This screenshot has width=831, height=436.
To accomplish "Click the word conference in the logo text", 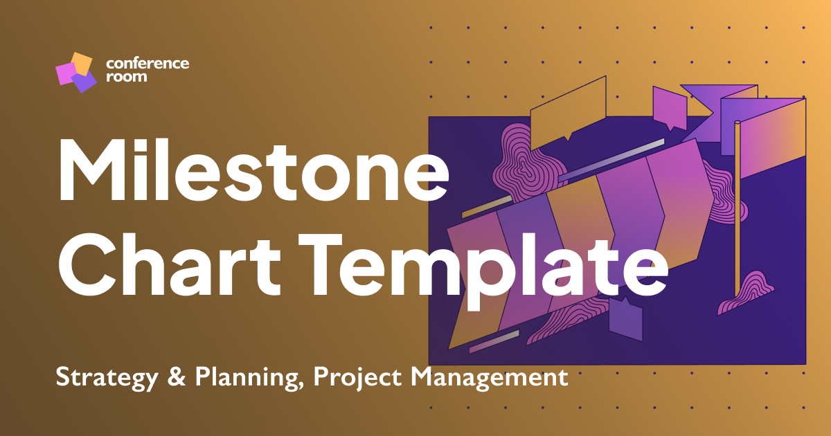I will click(x=148, y=64).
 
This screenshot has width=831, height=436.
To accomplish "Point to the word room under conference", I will click(x=127, y=77).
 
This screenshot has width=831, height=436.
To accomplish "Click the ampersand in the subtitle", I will click(x=176, y=378).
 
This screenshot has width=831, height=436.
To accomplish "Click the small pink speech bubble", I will click(x=669, y=107).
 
